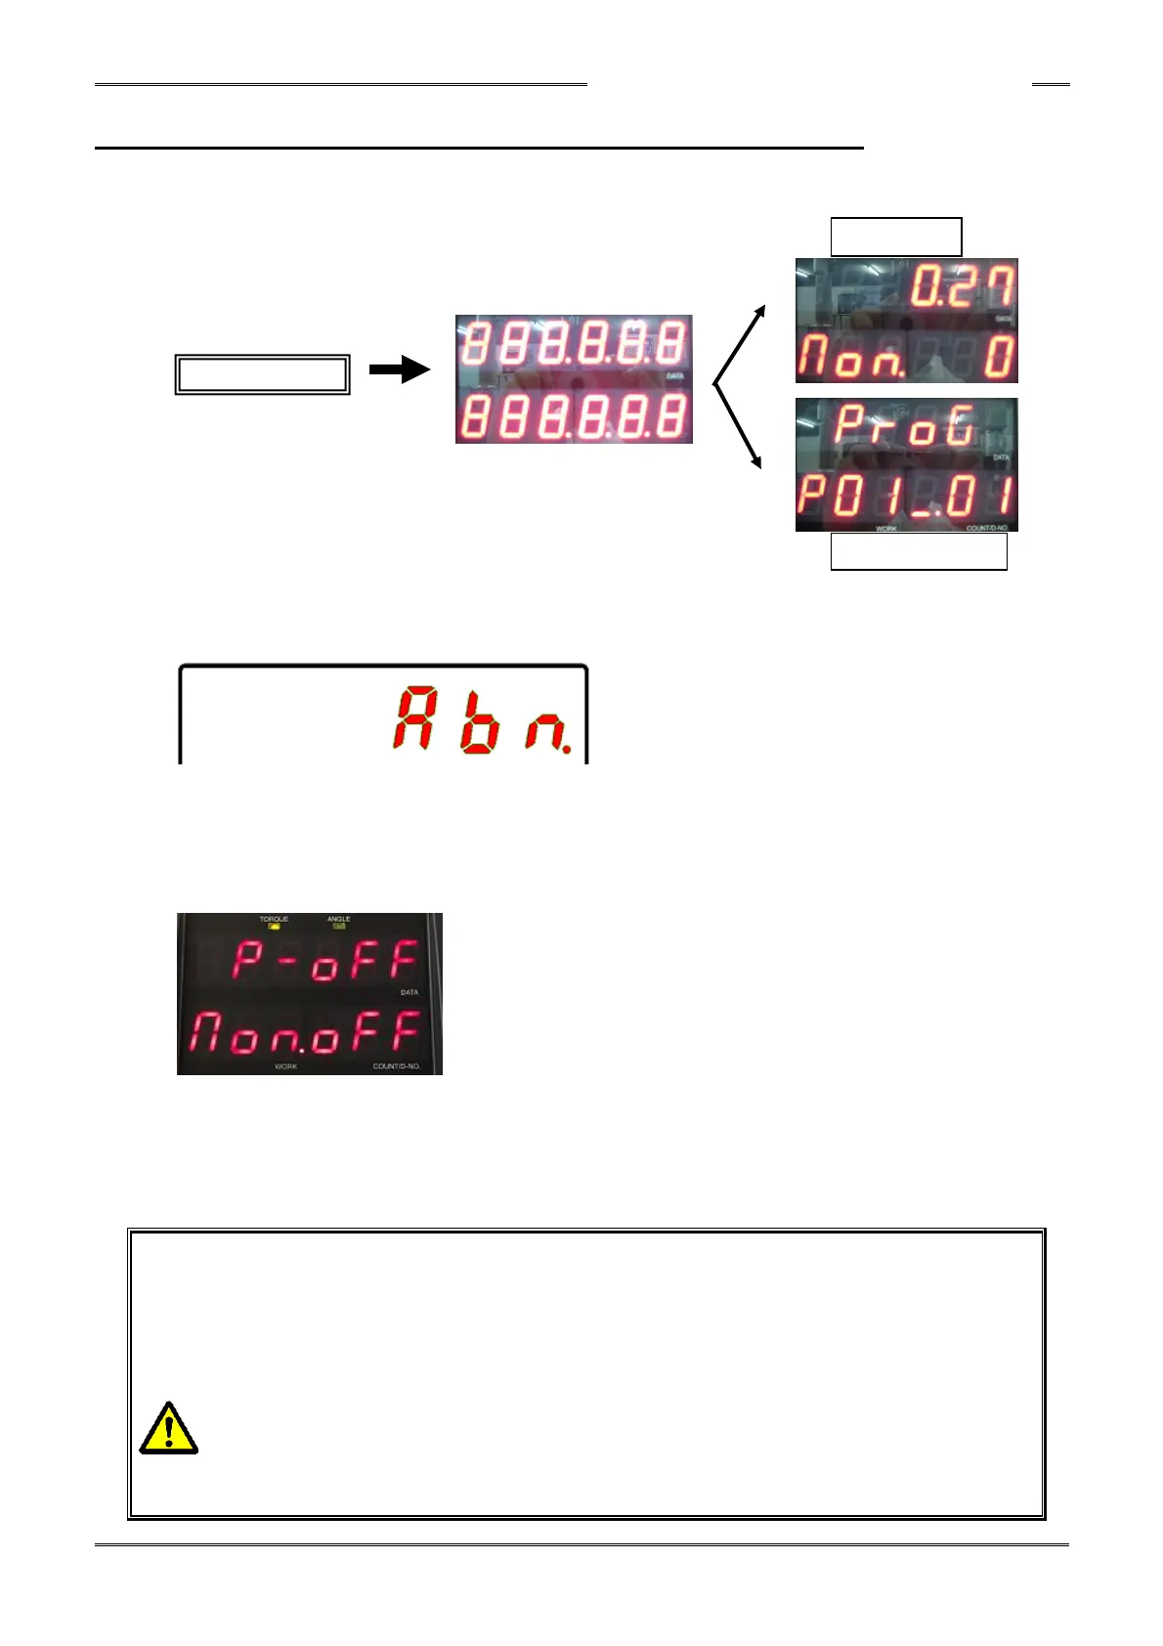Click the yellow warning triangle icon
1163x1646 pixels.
tap(169, 1429)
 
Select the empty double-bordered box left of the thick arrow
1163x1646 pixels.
tap(262, 374)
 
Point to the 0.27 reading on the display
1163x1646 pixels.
tap(963, 289)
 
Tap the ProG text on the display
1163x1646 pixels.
tap(905, 427)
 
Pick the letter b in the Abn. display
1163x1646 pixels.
tap(479, 724)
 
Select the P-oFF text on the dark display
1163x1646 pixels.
tap(324, 961)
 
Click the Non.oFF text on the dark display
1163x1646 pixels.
tap(306, 1032)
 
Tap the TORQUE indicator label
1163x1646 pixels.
tap(274, 920)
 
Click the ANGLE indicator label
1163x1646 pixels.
tap(339, 920)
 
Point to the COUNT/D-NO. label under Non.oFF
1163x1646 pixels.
tap(397, 1066)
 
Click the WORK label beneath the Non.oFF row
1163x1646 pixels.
tap(285, 1066)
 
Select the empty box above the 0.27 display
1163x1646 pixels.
tap(895, 237)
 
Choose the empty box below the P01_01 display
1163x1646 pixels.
tap(918, 552)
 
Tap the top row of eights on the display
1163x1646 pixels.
tap(574, 344)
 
